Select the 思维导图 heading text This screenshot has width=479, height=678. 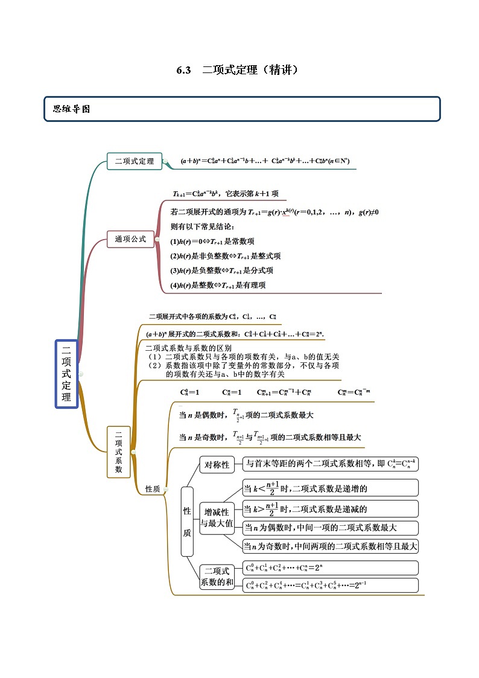tap(71, 109)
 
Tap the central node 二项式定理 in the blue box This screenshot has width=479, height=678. tap(66, 374)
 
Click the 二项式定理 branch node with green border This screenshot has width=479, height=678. tap(134, 161)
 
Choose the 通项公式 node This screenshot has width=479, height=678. tap(130, 239)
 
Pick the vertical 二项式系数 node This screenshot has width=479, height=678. tap(118, 452)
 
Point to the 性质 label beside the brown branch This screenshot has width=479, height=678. tap(153, 489)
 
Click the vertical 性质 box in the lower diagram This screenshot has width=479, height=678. tap(187, 521)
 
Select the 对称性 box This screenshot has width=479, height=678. tap(217, 464)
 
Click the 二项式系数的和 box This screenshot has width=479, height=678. tap(217, 577)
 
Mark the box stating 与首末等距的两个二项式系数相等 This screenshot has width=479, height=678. tap(330, 464)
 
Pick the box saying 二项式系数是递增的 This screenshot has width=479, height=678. tap(330, 488)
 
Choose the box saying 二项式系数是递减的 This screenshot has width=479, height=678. tap(330, 508)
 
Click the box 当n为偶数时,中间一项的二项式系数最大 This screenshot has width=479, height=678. tap(330, 528)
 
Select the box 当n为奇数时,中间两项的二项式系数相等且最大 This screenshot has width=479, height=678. tap(330, 546)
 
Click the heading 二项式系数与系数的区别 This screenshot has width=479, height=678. tap(188, 348)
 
